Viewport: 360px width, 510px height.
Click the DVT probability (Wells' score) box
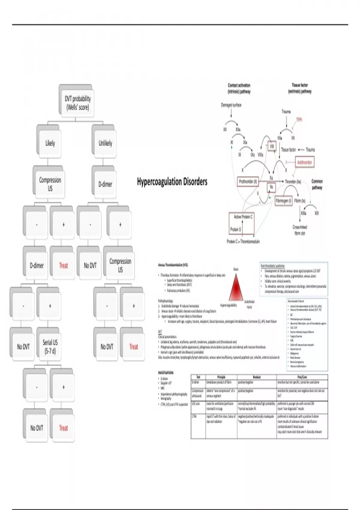[77, 103]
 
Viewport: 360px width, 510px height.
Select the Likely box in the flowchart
[50, 143]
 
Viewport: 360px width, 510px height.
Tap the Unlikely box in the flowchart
[105, 143]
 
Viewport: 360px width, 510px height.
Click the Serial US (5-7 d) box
[50, 346]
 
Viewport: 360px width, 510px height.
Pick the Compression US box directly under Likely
[50, 184]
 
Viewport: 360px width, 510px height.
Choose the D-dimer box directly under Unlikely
[105, 184]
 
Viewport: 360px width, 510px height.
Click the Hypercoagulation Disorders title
[172, 181]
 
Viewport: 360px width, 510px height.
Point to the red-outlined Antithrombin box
[304, 163]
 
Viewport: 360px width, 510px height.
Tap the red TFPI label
[299, 120]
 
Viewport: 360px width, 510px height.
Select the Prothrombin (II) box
[248, 181]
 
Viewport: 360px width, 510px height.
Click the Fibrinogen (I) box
[283, 201]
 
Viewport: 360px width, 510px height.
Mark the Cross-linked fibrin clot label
[300, 230]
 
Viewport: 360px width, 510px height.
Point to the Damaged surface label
[231, 105]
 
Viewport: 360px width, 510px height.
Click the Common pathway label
[317, 184]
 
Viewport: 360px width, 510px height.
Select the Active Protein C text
[243, 217]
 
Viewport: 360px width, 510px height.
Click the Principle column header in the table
[221, 377]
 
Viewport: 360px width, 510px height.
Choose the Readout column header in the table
[257, 377]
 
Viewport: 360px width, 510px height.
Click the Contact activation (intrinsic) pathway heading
[239, 88]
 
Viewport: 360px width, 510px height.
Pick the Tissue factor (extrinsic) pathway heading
[300, 88]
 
